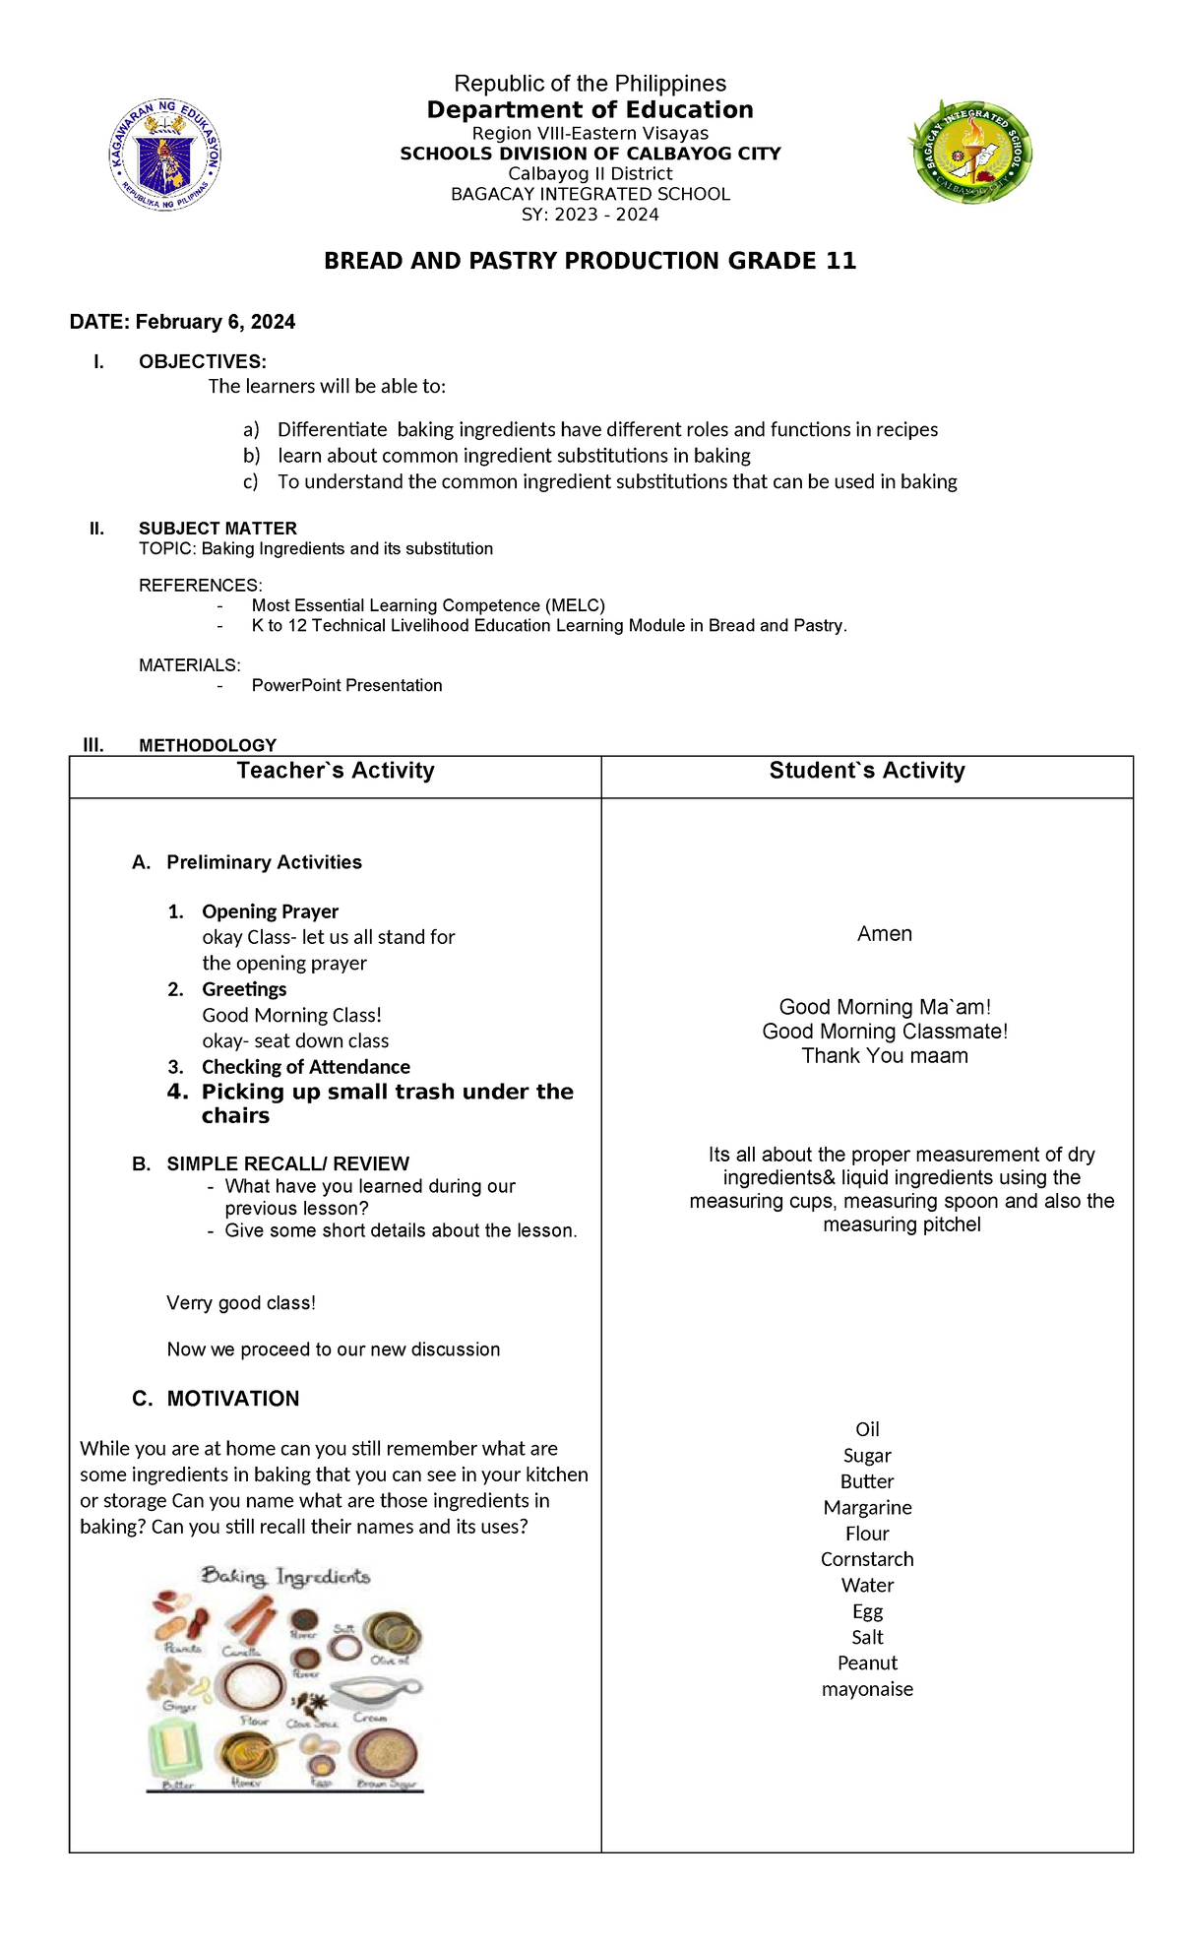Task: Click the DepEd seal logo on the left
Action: (x=165, y=154)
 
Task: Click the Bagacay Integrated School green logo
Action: (x=969, y=153)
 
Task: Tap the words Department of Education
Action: (x=590, y=109)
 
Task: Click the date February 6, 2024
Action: (x=215, y=322)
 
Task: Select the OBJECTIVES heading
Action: (x=202, y=361)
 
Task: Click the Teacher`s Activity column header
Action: (x=335, y=771)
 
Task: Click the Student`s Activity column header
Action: (x=866, y=771)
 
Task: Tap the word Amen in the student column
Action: (x=884, y=933)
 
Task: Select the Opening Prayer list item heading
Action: (x=270, y=911)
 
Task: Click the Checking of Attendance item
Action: (x=305, y=1067)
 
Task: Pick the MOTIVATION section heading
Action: (x=232, y=1399)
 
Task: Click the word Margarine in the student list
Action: (x=867, y=1507)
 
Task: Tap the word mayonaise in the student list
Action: (x=867, y=1689)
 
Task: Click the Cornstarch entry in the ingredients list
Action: (x=867, y=1559)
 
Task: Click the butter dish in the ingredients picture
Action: (x=175, y=1750)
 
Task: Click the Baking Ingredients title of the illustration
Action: (x=285, y=1577)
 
